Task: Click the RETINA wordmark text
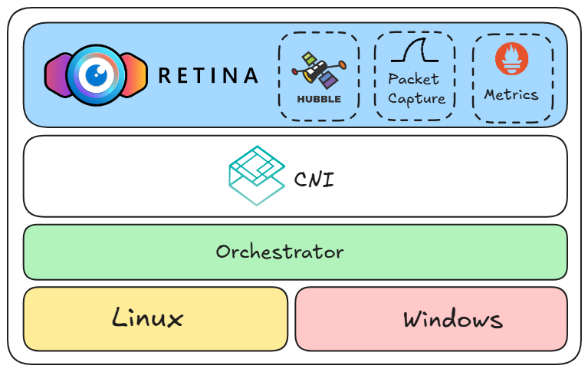click(208, 75)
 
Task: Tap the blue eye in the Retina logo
click(96, 74)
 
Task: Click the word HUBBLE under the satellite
click(319, 99)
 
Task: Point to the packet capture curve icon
click(414, 52)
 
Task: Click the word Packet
click(414, 79)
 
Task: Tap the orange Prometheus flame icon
click(512, 59)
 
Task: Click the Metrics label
click(511, 95)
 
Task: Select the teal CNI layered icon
click(257, 176)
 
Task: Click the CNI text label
click(314, 180)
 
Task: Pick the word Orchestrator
click(280, 252)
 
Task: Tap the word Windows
click(453, 319)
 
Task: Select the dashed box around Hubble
click(319, 115)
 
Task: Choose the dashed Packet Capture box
click(415, 115)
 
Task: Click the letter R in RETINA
click(164, 75)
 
